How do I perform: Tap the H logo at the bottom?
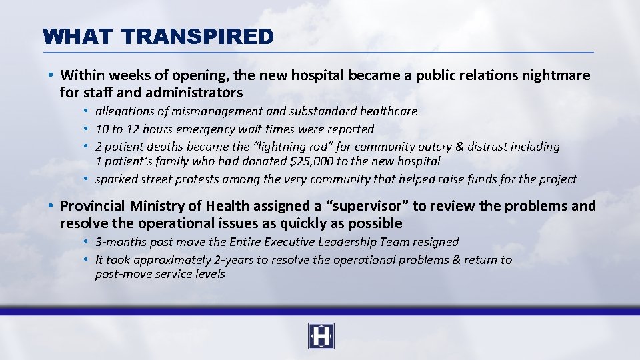point(321,336)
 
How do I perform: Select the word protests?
point(203,179)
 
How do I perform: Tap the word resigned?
point(435,242)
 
